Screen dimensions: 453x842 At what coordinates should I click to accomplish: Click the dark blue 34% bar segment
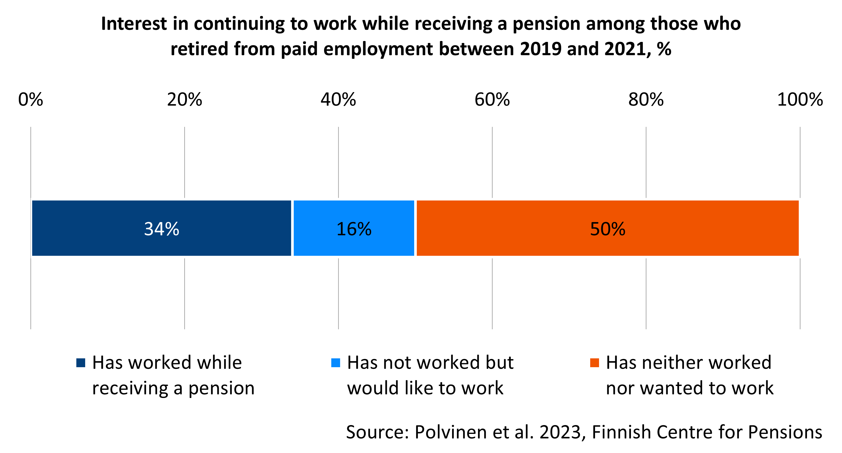[162, 228]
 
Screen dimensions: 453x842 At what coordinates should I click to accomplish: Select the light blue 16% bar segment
[354, 228]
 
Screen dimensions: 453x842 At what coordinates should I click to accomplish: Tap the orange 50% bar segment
[607, 228]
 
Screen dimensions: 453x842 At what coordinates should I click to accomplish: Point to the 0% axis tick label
[30, 99]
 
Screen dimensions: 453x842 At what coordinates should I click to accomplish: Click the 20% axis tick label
[184, 99]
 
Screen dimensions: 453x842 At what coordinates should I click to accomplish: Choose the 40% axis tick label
[338, 99]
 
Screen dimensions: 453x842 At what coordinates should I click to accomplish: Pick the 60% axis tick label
[492, 99]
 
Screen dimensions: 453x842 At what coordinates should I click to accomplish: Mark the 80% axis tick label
[646, 99]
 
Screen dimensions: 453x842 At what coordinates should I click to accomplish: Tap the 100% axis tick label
[800, 99]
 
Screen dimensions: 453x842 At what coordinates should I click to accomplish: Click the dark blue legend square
[81, 363]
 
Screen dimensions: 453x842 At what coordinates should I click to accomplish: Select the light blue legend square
[335, 363]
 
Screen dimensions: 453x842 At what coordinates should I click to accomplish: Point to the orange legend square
[594, 363]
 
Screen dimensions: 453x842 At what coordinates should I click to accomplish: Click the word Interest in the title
[134, 24]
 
